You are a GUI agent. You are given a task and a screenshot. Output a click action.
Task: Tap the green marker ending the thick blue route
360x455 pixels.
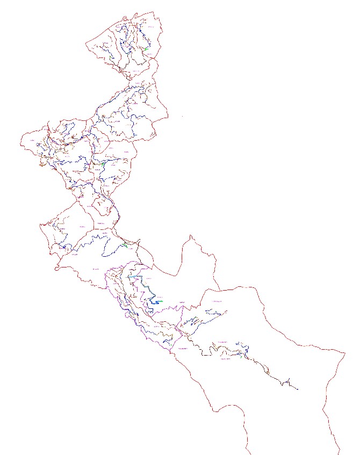pos(160,302)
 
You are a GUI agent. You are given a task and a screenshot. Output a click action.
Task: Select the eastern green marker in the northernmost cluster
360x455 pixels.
pos(146,48)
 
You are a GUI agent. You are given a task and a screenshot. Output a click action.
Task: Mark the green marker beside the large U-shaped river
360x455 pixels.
pos(125,245)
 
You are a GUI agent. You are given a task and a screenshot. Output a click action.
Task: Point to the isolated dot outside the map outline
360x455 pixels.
pos(182,116)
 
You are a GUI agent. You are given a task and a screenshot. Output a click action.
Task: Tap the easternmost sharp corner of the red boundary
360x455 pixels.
pos(344,353)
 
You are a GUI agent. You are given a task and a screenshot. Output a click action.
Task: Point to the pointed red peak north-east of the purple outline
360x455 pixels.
pos(191,236)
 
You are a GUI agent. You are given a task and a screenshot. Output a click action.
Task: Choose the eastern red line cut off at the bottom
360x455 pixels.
pos(338,451)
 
